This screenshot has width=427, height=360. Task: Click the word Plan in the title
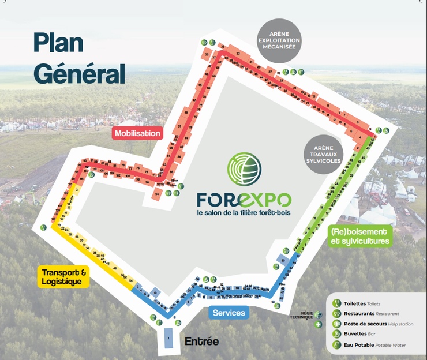pyautogui.click(x=58, y=43)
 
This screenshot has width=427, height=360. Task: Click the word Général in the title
pyautogui.click(x=79, y=73)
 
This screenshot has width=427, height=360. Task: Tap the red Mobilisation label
pyautogui.click(x=137, y=133)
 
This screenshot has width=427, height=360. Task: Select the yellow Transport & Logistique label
pyautogui.click(x=65, y=277)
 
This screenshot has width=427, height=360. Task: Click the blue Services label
pyautogui.click(x=229, y=313)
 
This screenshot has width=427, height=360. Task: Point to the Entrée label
pyautogui.click(x=201, y=342)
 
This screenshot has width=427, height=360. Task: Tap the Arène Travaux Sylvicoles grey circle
pyautogui.click(x=323, y=153)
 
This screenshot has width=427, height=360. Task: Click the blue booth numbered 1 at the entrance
pyautogui.click(x=168, y=337)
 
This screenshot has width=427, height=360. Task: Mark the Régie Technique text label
pyautogui.click(x=302, y=315)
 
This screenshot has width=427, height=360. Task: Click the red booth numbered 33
pyautogui.click(x=237, y=54)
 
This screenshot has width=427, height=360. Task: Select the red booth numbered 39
pyautogui.click(x=207, y=55)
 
